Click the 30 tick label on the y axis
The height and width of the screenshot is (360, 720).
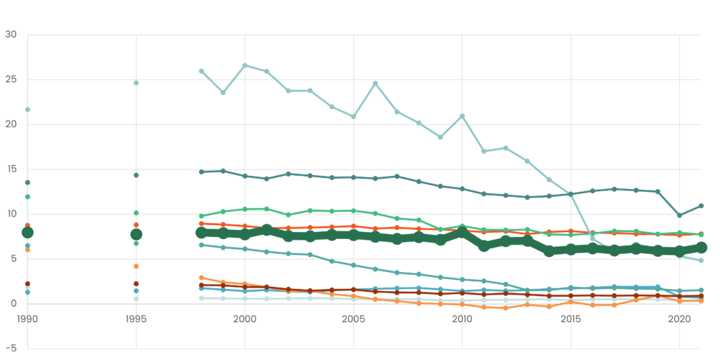coord(11,34)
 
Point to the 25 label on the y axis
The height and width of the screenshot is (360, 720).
coord(11,79)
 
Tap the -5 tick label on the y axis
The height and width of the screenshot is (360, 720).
coord(10,349)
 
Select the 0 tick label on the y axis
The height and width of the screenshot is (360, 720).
coord(13,304)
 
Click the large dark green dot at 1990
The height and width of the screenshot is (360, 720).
coord(27,232)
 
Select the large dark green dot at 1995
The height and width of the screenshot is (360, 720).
coord(136,234)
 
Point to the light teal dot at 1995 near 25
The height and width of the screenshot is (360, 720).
coord(136,83)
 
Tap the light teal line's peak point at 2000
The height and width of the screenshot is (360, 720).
coord(245,65)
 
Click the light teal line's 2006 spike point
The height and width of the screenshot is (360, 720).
coord(375,83)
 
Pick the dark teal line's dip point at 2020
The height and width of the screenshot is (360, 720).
coord(679,215)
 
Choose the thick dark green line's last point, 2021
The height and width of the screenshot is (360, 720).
coord(701,247)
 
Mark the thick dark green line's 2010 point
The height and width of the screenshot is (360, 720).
coord(462,233)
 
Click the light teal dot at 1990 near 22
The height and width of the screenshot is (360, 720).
coord(27,109)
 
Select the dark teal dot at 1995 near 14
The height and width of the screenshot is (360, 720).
coord(136,175)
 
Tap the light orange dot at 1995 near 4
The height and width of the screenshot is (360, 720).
coord(136,266)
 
